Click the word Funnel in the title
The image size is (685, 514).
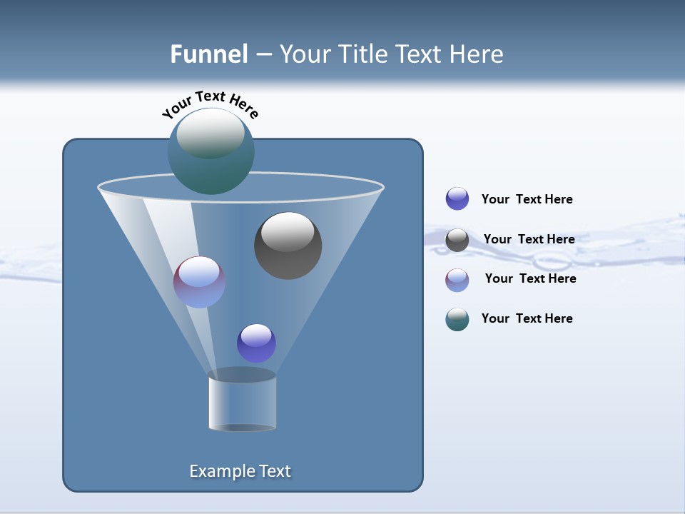point(208,54)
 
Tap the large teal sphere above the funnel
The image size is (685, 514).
point(210,151)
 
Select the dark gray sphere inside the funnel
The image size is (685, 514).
point(288,246)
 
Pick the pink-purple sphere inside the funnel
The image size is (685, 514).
point(199,282)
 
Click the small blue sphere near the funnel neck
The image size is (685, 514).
point(256,343)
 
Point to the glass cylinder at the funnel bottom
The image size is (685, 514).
point(242,404)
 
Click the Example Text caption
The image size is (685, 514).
point(240,471)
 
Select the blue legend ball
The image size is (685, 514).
point(457,198)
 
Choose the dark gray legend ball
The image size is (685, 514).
point(457,240)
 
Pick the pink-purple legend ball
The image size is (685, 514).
point(457,280)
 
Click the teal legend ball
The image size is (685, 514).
point(457,319)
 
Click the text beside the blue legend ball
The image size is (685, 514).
point(527,199)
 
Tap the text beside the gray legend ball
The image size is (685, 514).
point(529,239)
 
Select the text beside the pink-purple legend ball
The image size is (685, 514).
point(530,278)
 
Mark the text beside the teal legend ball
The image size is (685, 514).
point(527,318)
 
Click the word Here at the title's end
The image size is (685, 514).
point(478,54)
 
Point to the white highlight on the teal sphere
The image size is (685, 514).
point(210,133)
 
